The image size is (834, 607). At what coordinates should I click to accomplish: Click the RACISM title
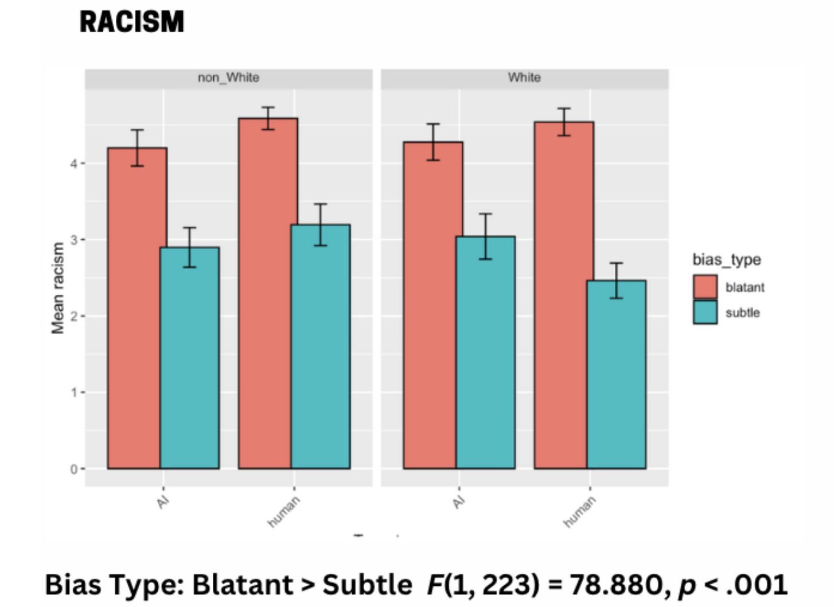click(x=131, y=22)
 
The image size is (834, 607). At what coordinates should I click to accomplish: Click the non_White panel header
click(x=228, y=77)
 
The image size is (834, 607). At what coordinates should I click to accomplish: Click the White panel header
click(x=524, y=77)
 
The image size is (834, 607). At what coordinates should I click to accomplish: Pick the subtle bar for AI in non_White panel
click(x=190, y=358)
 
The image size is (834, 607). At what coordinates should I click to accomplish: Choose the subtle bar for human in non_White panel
click(x=321, y=347)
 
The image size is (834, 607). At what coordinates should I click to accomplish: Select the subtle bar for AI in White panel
click(x=486, y=352)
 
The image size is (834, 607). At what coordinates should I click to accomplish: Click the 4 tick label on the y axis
click(x=73, y=164)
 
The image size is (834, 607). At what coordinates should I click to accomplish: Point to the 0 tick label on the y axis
click(x=73, y=469)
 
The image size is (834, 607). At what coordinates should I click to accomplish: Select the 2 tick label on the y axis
click(x=73, y=316)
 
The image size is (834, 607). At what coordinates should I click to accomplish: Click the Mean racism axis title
click(x=58, y=288)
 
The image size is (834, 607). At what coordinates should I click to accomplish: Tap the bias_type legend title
click(x=726, y=259)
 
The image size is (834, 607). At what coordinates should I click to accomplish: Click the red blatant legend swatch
click(x=705, y=287)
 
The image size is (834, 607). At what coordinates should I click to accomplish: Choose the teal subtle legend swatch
click(x=705, y=313)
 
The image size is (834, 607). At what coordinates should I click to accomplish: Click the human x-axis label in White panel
click(x=580, y=511)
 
